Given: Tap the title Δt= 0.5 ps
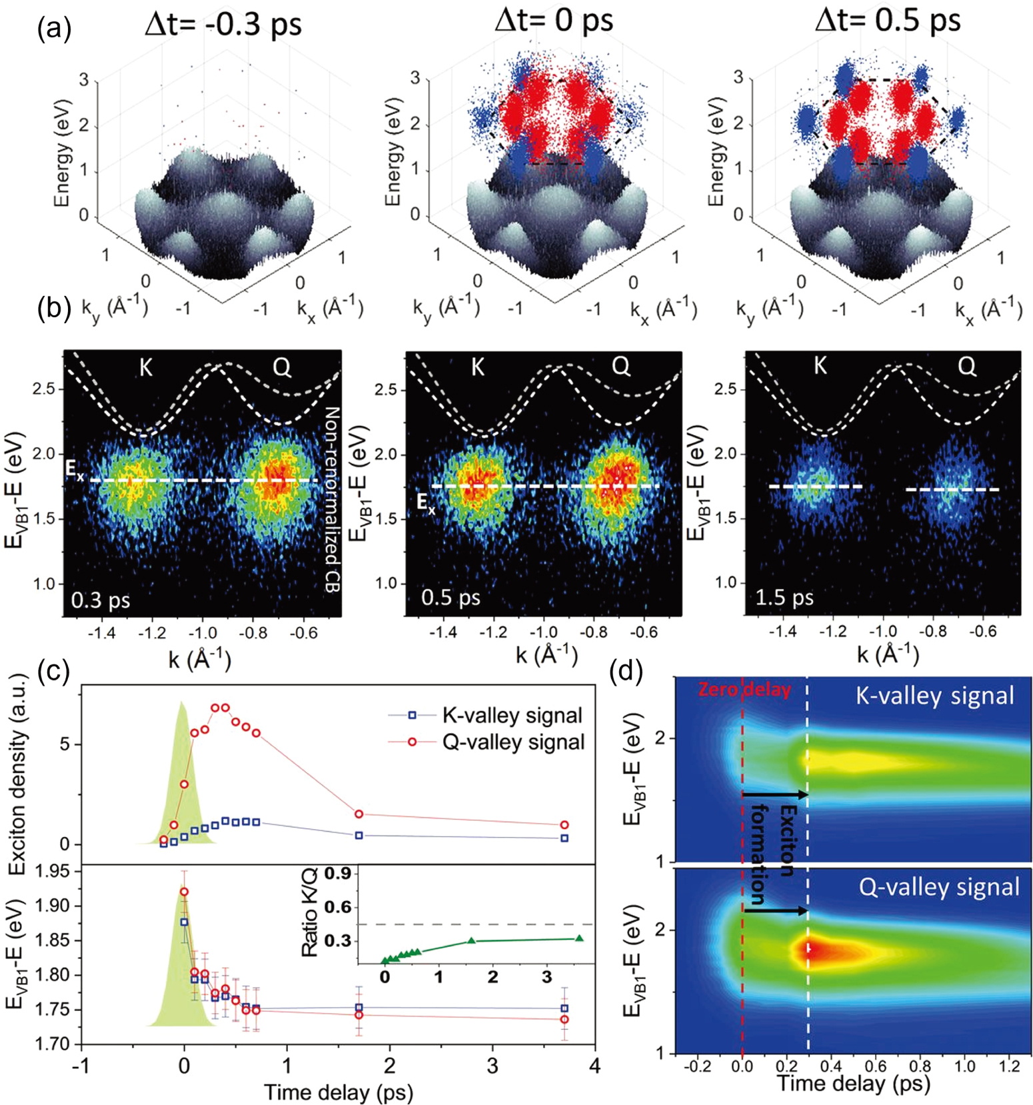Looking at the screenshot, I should [887, 21].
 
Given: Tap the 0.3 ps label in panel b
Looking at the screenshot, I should [101, 600].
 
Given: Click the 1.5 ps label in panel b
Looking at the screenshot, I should [784, 598].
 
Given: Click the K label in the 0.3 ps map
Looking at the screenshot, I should [146, 367].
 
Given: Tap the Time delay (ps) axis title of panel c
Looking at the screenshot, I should [338, 1092].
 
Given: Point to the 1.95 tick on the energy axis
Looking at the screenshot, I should [53, 871].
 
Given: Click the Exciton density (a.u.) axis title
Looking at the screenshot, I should [19, 773].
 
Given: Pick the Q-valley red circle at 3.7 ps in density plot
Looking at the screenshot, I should [564, 824].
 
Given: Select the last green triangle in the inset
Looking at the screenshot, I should [579, 938].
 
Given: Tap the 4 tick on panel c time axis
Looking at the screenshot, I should [594, 1065].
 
